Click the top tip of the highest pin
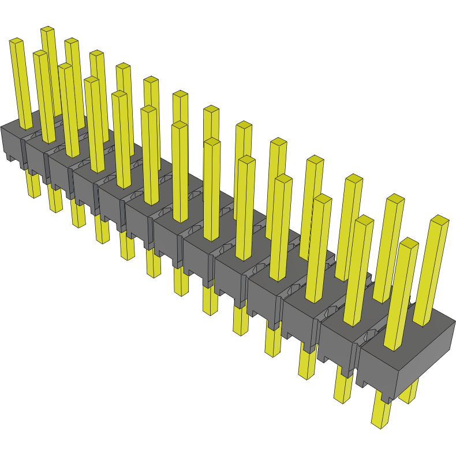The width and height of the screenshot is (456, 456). click(47, 29)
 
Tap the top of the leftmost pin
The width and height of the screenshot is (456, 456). click(16, 41)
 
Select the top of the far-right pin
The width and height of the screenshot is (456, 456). click(439, 220)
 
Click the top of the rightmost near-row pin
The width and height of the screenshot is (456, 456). click(409, 243)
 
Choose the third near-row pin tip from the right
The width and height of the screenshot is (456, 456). click(323, 199)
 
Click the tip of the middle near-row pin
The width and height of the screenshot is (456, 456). click(180, 125)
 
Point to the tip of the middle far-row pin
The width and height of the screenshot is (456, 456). click(211, 109)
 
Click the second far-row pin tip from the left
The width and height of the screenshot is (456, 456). click(71, 42)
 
